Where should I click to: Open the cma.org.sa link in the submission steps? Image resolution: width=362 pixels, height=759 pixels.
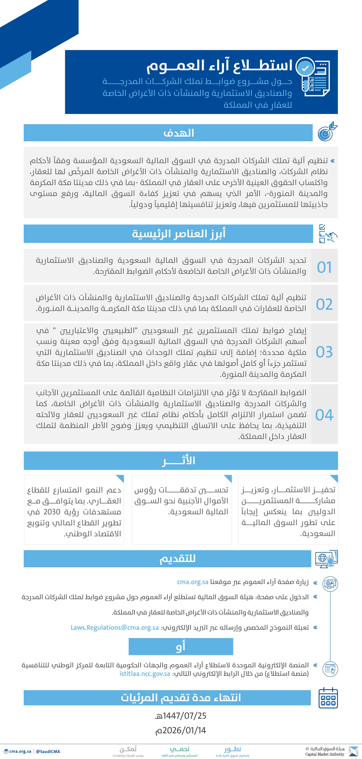click(193, 582)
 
